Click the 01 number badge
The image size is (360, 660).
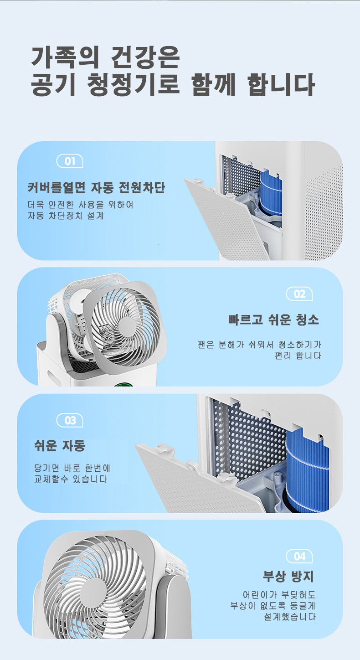pos(70,161)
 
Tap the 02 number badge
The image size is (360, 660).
pos(299,294)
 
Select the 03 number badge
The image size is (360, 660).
pos(70,420)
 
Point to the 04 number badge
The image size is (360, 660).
pos(299,556)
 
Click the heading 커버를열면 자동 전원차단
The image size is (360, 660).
pos(96,187)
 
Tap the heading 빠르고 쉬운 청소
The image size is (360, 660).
pos(274,320)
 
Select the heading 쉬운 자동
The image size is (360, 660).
pos(60,445)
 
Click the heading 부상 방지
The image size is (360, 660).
pos(288,576)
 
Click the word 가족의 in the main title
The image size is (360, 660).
pos(65,57)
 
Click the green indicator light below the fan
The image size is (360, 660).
pos(123,384)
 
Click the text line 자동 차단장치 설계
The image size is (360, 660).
pos(66,216)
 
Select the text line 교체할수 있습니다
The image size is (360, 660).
pos(71,479)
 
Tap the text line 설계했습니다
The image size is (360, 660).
pos(289,617)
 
